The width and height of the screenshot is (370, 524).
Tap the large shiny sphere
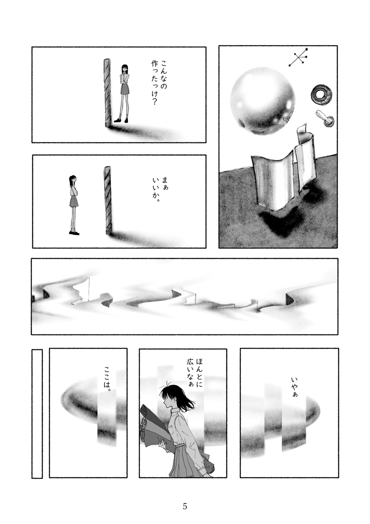click(x=261, y=101)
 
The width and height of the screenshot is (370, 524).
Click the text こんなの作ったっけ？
click(x=159, y=83)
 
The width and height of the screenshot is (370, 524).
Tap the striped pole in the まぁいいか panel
click(x=108, y=200)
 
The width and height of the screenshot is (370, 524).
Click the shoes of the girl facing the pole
click(x=121, y=120)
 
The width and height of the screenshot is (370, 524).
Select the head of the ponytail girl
click(x=73, y=179)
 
